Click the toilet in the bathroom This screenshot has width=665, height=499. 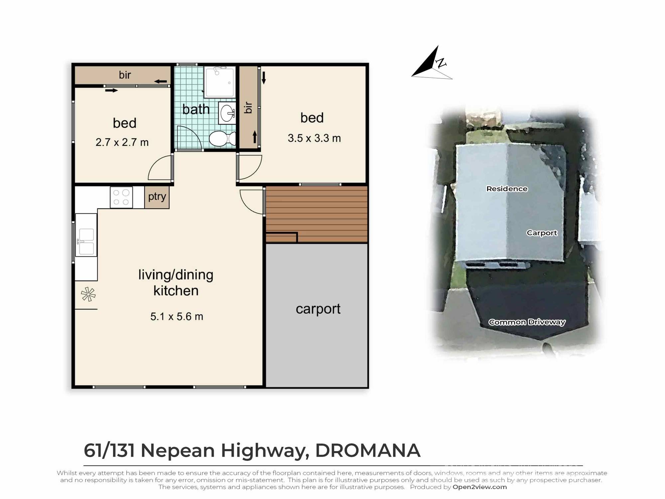[x=222, y=138]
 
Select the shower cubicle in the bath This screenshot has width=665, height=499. [x=220, y=82]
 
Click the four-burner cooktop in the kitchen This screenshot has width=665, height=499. [x=121, y=197]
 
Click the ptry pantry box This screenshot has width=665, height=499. [x=157, y=197]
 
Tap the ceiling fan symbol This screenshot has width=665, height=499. [x=88, y=294]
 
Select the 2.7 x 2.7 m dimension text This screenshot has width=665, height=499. [x=122, y=142]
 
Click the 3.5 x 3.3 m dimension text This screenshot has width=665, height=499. [x=314, y=138]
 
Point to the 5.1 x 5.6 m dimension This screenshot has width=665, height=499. [x=177, y=316]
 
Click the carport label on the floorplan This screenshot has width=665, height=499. [x=318, y=309]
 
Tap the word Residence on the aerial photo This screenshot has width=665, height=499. [x=507, y=189]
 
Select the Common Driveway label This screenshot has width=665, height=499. [x=527, y=322]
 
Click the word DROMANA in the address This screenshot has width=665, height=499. [x=367, y=450]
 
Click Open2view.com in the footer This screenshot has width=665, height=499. [x=479, y=487]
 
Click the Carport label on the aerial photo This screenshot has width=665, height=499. [x=542, y=233]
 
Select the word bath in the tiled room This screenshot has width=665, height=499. [x=196, y=109]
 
